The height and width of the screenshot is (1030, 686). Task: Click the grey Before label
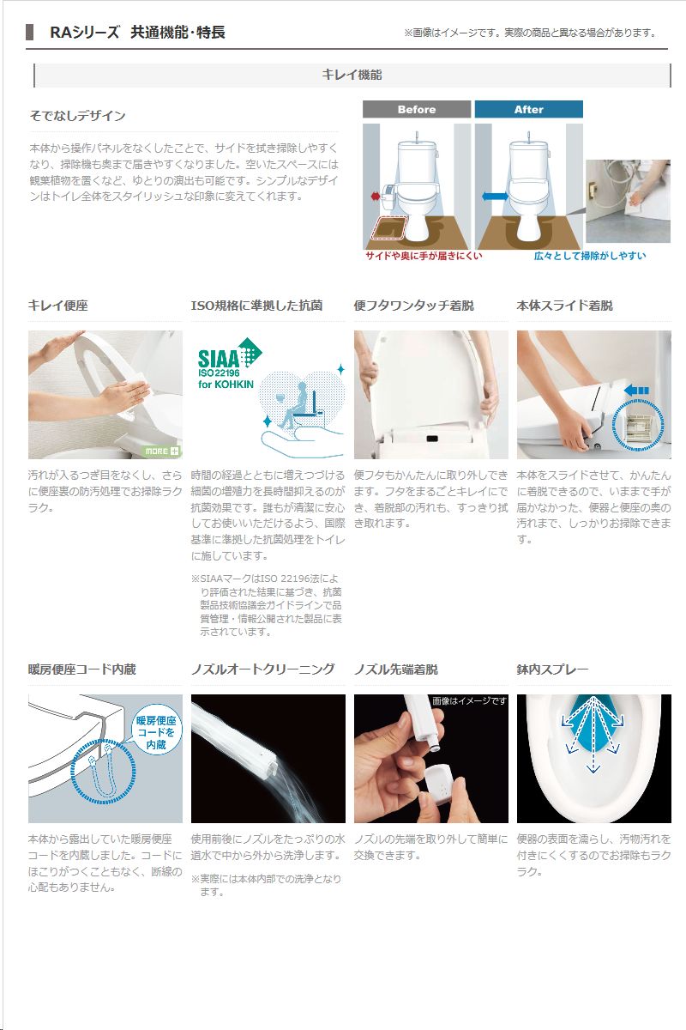(416, 109)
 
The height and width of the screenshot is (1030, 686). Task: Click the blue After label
(528, 109)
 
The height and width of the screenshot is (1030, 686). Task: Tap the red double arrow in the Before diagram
(376, 197)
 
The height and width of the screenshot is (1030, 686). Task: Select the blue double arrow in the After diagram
(495, 197)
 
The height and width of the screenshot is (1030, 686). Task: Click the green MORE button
(162, 451)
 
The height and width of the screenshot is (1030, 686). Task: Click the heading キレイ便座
(58, 306)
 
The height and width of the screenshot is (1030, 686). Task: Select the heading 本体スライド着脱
(565, 306)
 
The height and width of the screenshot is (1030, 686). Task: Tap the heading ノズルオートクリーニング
(262, 669)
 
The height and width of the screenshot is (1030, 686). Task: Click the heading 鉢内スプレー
(552, 669)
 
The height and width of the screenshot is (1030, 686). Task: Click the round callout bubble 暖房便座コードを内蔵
(156, 732)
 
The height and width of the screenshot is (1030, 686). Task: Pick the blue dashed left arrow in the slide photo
(636, 391)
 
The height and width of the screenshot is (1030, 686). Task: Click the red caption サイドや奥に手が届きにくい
(424, 256)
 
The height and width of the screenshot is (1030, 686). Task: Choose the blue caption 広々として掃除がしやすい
(589, 256)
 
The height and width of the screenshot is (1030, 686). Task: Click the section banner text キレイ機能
(352, 75)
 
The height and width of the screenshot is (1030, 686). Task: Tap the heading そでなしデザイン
(77, 115)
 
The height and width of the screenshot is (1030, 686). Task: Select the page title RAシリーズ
(85, 33)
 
